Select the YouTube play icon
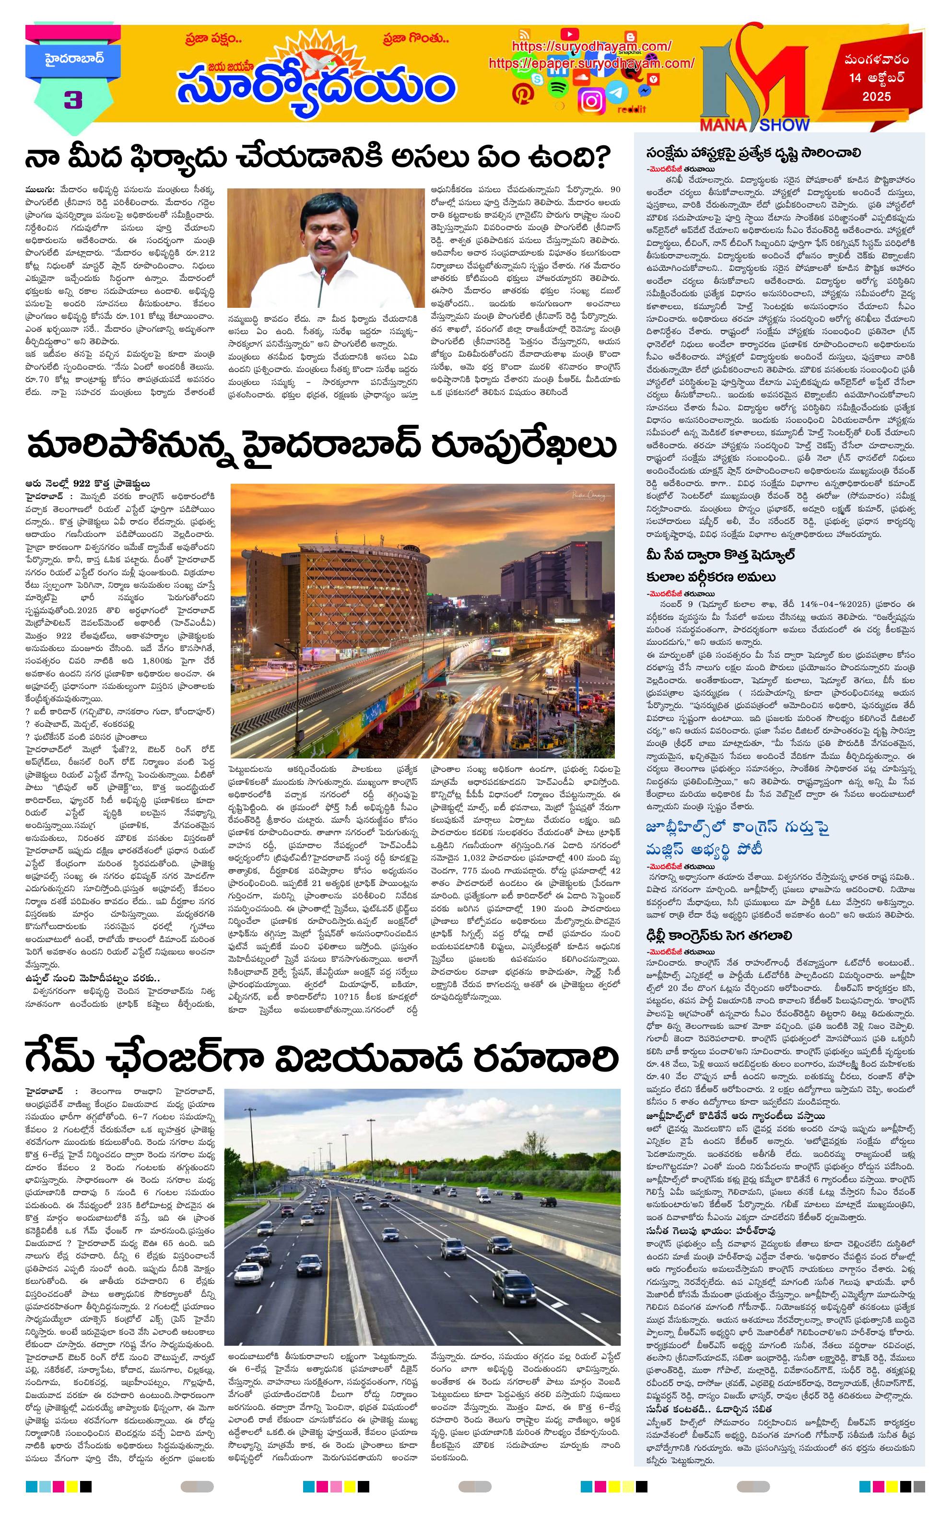point(569,34)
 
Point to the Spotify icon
point(556,89)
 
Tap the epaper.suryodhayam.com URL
point(591,64)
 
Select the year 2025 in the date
point(877,97)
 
